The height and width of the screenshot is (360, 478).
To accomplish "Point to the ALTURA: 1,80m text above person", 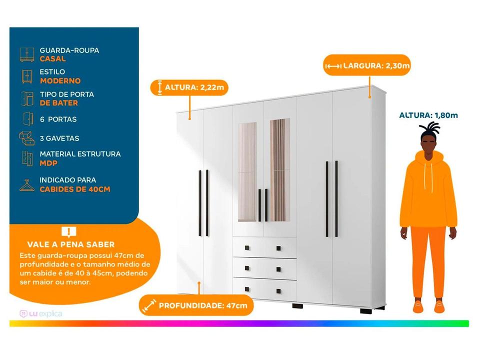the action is [428, 115].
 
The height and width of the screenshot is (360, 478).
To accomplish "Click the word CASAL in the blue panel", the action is [52, 59].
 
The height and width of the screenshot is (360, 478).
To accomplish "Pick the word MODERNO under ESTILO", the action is [60, 81].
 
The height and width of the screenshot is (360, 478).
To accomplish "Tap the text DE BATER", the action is [59, 103].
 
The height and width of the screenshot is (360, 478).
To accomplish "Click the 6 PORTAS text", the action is [58, 119].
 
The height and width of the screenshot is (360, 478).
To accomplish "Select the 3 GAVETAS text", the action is [59, 138].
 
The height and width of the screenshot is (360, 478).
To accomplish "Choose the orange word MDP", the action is [48, 163].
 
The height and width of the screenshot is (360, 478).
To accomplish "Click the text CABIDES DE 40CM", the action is [75, 189].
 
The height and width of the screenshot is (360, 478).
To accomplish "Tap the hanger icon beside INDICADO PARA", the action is [27, 185].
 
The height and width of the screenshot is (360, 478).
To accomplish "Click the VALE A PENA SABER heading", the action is [70, 244].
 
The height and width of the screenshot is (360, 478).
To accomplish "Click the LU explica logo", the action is [41, 313].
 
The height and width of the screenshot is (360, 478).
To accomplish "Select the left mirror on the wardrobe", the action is [247, 171].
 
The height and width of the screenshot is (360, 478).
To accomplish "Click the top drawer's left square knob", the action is [247, 248].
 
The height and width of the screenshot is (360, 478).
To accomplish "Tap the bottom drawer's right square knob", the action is [278, 291].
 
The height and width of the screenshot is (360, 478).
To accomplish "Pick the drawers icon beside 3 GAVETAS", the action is [26, 138].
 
